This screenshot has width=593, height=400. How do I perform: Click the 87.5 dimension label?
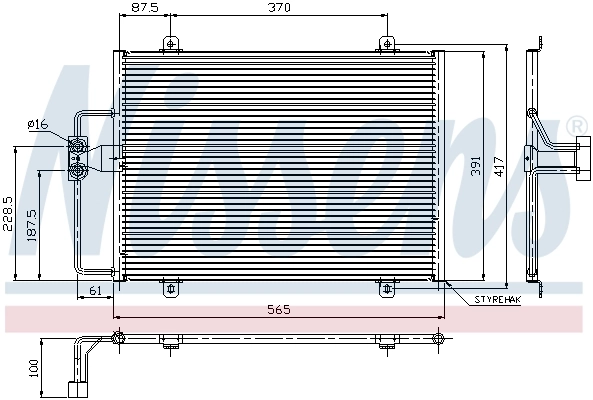pos(145,8)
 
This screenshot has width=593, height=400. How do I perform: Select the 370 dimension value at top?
pos(279,8)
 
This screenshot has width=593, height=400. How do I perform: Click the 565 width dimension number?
pos(279,310)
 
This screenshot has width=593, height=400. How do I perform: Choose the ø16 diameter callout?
pos(37,124)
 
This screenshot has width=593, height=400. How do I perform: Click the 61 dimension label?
pos(96,291)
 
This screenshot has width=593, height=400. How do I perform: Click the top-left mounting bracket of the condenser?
pos(171,44)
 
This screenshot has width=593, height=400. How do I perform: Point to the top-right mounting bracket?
pos(387,44)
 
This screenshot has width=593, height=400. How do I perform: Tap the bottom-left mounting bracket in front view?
pos(171,288)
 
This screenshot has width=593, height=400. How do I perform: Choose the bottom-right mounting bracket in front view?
pos(387,288)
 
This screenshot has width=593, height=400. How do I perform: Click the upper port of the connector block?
pos(77,149)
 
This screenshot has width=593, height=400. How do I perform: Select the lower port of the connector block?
pos(77,170)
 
